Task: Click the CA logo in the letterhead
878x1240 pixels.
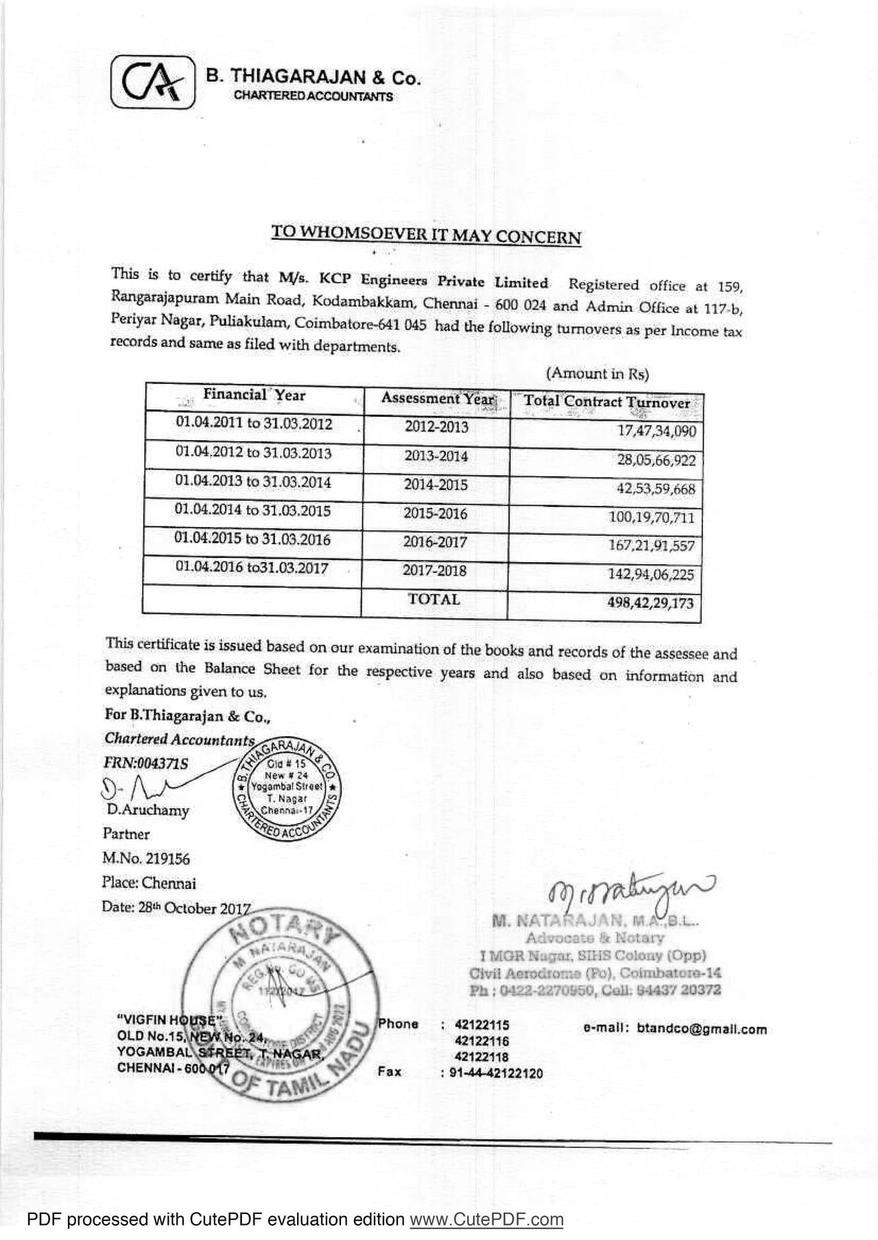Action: (x=153, y=82)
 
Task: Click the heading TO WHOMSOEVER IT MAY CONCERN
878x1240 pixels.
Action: (x=426, y=235)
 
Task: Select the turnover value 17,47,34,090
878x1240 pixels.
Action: (x=656, y=431)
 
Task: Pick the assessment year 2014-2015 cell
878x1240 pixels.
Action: (x=436, y=485)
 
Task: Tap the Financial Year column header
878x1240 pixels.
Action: (x=254, y=396)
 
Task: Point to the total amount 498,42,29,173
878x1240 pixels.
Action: (x=650, y=603)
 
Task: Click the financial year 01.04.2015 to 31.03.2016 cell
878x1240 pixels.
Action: (x=252, y=539)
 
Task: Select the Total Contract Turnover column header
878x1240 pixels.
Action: (x=606, y=402)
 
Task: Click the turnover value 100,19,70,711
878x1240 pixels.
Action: (x=651, y=518)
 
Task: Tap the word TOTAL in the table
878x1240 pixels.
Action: (x=434, y=600)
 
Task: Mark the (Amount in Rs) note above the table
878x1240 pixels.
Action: (x=597, y=374)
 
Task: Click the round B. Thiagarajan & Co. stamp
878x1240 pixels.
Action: (x=287, y=788)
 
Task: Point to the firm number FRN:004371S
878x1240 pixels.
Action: (x=145, y=764)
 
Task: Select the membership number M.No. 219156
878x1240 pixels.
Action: (x=145, y=859)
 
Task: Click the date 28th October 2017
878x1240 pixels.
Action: (x=176, y=908)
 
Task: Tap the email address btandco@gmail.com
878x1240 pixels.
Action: (x=702, y=1029)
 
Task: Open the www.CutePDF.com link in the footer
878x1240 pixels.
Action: (x=486, y=1220)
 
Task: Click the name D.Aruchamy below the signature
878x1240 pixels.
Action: (x=147, y=810)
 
